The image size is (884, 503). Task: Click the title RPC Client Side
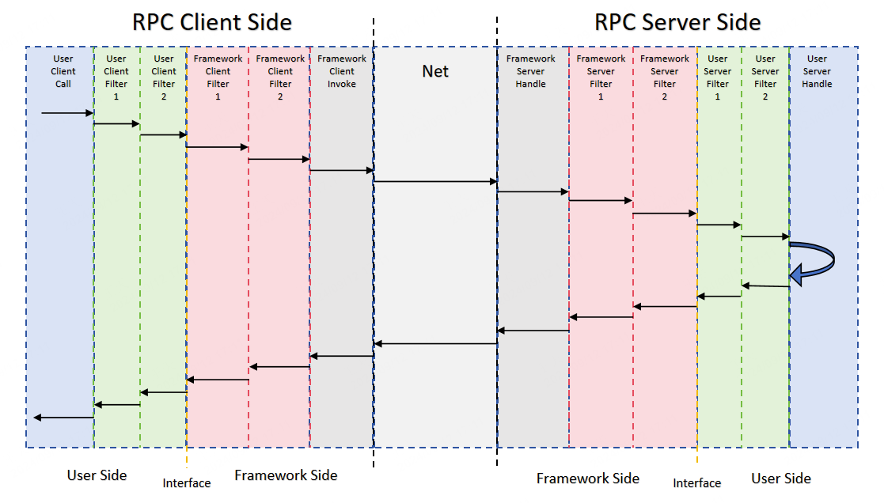coord(211,22)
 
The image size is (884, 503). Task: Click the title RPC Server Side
coord(677,22)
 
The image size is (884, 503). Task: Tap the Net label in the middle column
coord(435,71)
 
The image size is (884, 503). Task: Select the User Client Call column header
coord(63,71)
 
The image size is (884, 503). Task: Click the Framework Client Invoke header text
coord(342,71)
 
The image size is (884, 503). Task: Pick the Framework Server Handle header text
coord(531,71)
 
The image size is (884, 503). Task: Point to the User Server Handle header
coord(817,71)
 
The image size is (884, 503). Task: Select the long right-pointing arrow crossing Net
coord(435,182)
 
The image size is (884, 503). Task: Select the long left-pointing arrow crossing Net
coord(435,343)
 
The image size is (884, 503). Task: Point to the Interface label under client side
coord(187,483)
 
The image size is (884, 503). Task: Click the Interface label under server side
coord(697,483)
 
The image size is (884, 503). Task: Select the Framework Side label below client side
coord(286,475)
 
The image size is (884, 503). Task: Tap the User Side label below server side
coord(781,478)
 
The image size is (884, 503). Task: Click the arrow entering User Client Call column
coord(67,113)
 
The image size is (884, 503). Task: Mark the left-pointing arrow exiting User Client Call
coord(63,418)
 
